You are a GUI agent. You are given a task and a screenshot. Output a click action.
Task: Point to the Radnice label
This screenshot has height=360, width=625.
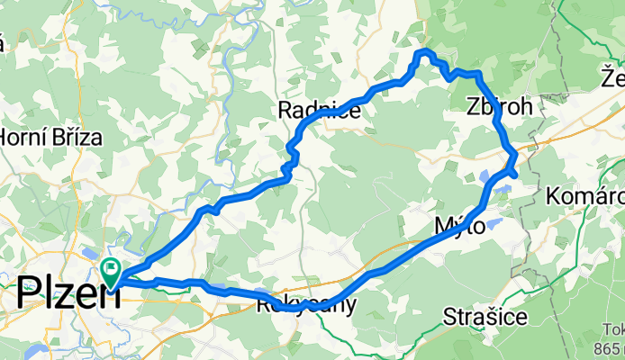pos(320,111)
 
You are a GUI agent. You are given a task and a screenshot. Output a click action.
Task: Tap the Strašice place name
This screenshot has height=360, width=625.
pos(485,317)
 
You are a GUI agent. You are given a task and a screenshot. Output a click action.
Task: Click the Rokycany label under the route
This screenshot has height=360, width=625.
pos(303,305)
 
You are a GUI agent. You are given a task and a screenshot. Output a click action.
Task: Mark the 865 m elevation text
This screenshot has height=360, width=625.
pos(609,346)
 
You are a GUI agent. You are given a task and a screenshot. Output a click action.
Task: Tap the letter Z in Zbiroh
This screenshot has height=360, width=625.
pos(475,106)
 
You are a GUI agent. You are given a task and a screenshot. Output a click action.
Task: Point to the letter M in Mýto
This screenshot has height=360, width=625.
pos(442,225)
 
